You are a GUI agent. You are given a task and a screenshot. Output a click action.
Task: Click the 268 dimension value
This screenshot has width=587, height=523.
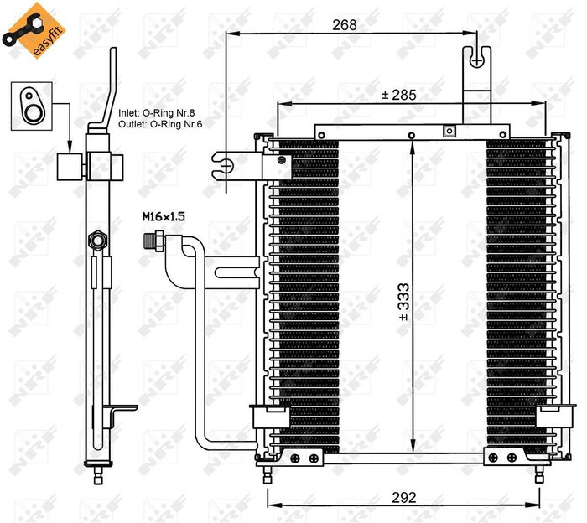(344, 25)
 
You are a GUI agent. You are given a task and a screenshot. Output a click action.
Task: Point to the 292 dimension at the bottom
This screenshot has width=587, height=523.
(404, 497)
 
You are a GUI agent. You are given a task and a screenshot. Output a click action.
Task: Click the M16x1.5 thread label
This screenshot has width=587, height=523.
(163, 216)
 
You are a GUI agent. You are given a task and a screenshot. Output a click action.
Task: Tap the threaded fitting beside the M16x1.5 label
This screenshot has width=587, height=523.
(153, 239)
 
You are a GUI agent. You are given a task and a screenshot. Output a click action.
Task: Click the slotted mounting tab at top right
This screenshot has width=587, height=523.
(476, 62)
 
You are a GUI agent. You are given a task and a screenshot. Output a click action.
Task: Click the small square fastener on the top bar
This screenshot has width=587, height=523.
(449, 131)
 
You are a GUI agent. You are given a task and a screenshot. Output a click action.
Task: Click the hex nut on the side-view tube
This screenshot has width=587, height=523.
(98, 241)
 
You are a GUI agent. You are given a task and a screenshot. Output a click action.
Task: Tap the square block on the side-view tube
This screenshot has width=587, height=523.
(70, 167)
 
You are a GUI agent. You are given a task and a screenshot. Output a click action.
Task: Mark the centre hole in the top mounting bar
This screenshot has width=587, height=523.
(411, 135)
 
